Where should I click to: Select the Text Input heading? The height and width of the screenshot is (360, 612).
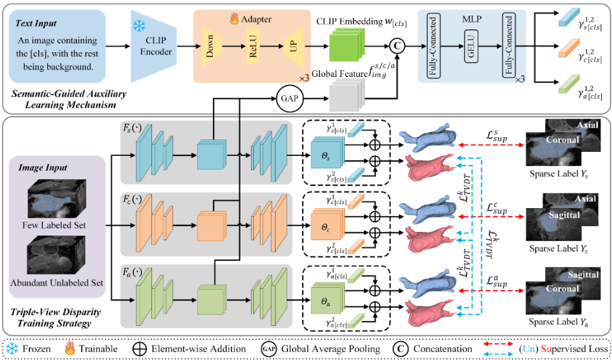coord(38,22)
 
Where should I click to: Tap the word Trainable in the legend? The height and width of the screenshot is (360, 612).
coord(98,349)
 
